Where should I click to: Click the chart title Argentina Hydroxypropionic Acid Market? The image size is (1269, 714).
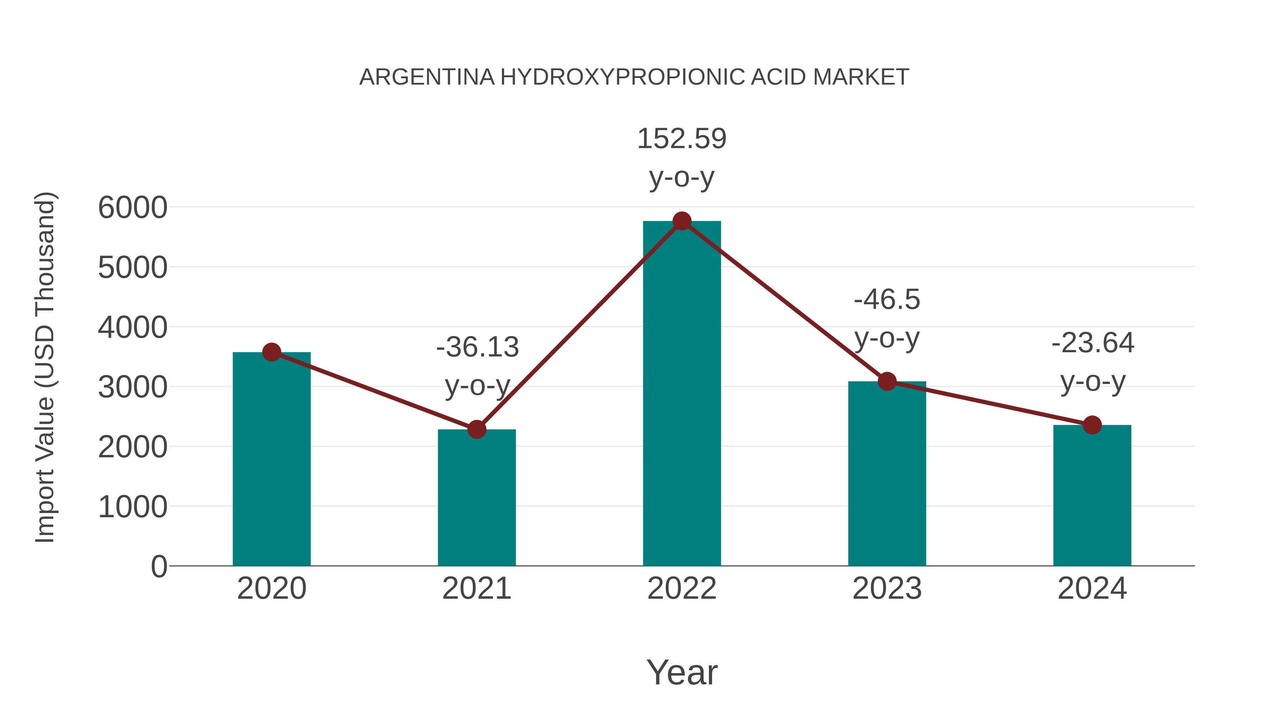[634, 77]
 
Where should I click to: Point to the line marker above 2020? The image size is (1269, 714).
[271, 352]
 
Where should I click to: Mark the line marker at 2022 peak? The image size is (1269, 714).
[682, 221]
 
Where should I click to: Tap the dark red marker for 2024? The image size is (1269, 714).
[1092, 425]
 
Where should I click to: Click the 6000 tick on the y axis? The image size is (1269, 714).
[133, 207]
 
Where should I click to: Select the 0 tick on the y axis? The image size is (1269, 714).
[159, 566]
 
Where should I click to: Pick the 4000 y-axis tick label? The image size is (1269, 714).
[133, 327]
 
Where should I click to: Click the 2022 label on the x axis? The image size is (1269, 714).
[682, 588]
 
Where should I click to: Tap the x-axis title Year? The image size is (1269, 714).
[682, 672]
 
